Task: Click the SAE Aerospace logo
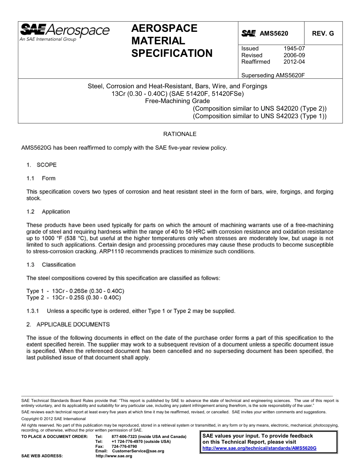tap(64, 32)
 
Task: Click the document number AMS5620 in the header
tap(274, 34)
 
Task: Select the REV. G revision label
tap(323, 34)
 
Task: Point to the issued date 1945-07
tap(294, 48)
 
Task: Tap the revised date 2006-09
tap(294, 55)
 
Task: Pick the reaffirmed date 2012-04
tap(294, 62)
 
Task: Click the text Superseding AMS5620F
tap(273, 75)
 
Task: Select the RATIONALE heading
tap(180, 134)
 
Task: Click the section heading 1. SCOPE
tap(41, 165)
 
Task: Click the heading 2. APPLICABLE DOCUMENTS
tap(68, 324)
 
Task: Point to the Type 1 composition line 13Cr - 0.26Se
tap(75, 291)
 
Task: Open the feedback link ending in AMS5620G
tap(259, 448)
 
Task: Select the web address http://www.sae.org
tap(114, 456)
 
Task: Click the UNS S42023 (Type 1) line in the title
tap(260, 116)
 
